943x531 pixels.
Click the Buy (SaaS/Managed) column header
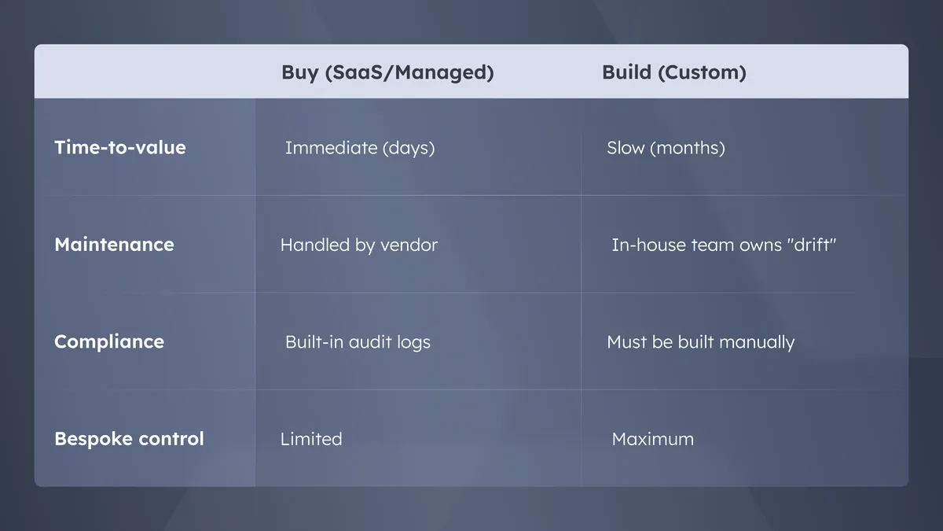[387, 72]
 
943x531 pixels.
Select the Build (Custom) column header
[674, 72]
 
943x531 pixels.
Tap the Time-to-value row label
[120, 148]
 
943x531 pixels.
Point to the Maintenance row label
[114, 245]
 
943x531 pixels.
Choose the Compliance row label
[109, 341]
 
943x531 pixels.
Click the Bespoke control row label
[129, 439]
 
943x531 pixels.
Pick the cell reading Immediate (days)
[360, 149]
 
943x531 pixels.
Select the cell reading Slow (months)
[666, 149]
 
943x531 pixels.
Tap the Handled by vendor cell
[359, 245]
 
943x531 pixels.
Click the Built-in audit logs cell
[358, 342]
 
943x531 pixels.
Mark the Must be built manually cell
[700, 342]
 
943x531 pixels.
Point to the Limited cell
[311, 439]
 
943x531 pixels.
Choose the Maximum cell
[653, 439]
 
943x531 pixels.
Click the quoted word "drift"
[811, 245]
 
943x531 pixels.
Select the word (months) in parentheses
[688, 149]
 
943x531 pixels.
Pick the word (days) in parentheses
[409, 149]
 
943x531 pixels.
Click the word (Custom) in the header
[703, 73]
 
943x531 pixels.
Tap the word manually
[757, 342]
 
